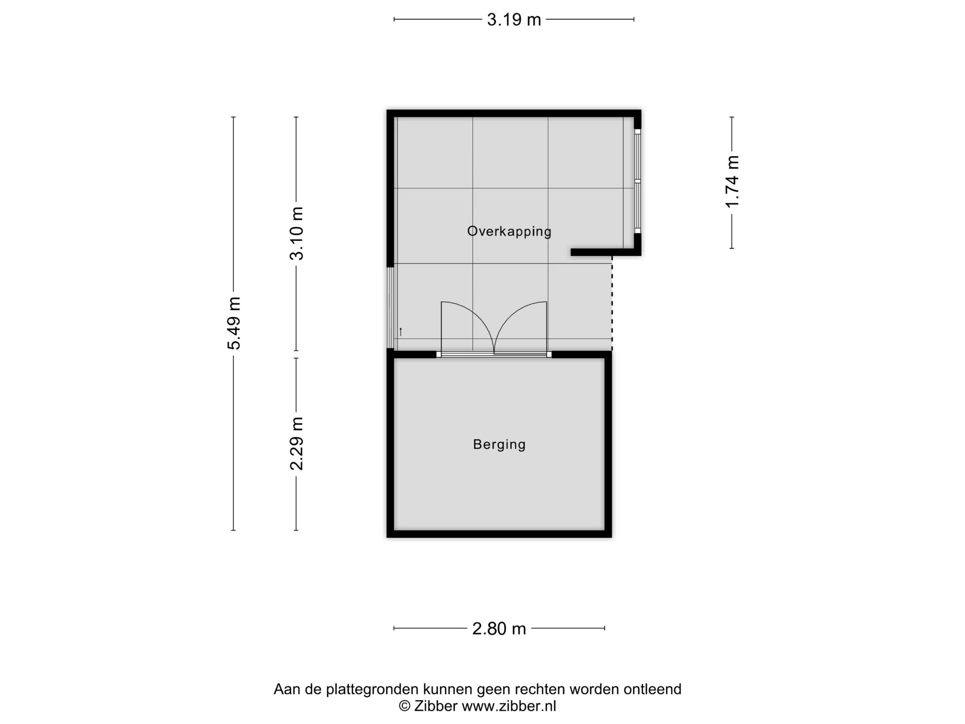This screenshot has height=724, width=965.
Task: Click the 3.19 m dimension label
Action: pos(514,20)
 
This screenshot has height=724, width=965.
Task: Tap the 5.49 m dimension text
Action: pos(234,323)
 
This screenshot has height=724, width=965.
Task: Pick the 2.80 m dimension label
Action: pos(499,629)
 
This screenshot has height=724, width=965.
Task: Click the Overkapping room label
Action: pos(509,231)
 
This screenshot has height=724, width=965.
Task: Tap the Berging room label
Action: pos(499,444)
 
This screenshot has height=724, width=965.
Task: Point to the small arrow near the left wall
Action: pos(400,332)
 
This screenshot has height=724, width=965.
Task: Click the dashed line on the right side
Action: pos(612,303)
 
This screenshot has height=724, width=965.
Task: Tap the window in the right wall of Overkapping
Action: pos(637,181)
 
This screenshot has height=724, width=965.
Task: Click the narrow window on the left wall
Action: pos(390,308)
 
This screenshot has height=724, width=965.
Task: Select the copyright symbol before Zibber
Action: pos(404,706)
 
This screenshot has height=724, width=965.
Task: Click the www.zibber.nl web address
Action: pos(509,706)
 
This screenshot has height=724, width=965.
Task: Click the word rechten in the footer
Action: pos(540,689)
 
